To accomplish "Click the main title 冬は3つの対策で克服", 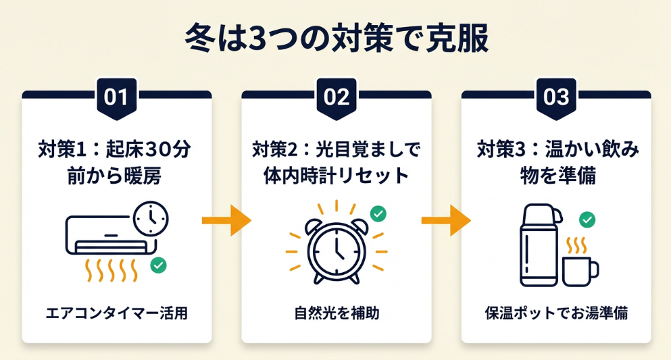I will click(x=336, y=39).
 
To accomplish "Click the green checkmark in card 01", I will click(x=159, y=265).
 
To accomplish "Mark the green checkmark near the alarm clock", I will click(x=378, y=214).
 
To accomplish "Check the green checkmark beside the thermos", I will click(x=587, y=220).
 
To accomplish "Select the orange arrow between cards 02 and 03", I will click(x=446, y=221).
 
